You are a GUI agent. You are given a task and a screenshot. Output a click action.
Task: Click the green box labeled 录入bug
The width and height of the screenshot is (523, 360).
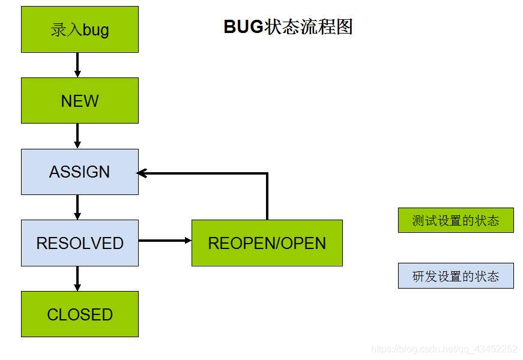click(80, 29)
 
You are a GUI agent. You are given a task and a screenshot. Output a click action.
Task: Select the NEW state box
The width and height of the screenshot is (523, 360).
click(80, 100)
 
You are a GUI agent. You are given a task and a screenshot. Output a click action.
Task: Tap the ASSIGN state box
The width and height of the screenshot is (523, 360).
click(80, 172)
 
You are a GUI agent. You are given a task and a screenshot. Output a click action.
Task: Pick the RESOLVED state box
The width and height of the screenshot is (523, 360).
click(80, 243)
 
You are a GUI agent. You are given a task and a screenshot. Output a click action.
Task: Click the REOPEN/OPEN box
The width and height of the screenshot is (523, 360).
click(267, 243)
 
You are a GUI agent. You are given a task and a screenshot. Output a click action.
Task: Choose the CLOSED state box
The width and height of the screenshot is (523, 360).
click(80, 314)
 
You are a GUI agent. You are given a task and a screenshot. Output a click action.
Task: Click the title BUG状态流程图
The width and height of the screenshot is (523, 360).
click(288, 27)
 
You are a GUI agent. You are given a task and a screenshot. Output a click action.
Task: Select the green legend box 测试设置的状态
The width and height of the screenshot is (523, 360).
click(456, 220)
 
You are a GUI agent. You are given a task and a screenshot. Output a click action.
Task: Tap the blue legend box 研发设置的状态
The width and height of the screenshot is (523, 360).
click(456, 276)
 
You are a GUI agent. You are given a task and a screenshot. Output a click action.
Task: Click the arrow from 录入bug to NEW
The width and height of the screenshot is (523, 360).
click(77, 65)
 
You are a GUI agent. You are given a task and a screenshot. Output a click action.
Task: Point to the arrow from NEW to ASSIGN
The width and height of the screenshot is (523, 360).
click(77, 136)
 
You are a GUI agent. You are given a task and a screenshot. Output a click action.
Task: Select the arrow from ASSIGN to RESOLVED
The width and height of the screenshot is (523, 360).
click(77, 207)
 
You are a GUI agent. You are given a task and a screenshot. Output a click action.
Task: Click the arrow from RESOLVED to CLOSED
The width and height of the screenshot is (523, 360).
click(77, 278)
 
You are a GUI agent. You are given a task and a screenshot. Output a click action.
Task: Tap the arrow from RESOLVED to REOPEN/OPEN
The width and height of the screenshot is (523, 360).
click(165, 241)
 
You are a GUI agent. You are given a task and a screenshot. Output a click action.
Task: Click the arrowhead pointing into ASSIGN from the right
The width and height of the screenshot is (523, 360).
click(143, 173)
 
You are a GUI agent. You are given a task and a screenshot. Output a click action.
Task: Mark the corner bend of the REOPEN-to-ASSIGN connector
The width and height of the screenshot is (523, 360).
click(267, 174)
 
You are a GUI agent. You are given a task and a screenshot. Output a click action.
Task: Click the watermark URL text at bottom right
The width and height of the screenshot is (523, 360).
click(444, 349)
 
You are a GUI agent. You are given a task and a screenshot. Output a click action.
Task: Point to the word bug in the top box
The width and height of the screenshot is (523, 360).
click(95, 30)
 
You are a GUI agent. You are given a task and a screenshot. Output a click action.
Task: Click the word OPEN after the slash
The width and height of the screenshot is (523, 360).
click(303, 243)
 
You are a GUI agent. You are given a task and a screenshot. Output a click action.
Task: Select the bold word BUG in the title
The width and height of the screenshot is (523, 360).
click(243, 27)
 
